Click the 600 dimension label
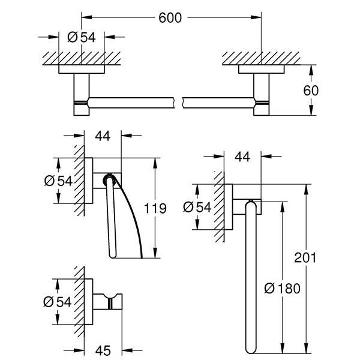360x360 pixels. click(170, 19)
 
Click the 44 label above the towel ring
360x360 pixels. click(242, 157)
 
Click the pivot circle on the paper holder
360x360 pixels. click(109, 178)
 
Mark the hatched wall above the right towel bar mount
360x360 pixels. click(261, 58)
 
